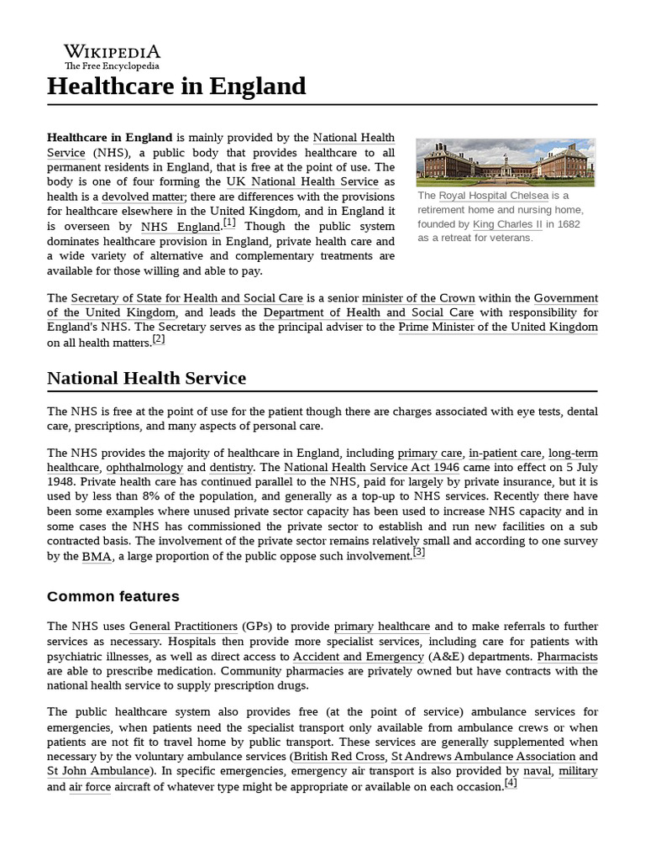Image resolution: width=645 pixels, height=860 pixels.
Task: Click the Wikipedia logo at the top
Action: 112,56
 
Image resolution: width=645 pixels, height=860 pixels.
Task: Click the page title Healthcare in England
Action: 176,86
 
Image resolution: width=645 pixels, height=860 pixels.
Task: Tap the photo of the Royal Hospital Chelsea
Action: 505,162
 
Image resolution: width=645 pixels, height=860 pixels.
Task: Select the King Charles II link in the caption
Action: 506,224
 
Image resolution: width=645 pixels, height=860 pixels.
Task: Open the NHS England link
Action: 180,227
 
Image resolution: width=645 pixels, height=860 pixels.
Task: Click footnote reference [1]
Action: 229,223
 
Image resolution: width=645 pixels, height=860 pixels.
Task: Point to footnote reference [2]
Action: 159,339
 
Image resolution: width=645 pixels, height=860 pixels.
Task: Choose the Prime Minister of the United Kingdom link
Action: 498,327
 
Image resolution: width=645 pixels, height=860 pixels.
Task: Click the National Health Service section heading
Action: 147,378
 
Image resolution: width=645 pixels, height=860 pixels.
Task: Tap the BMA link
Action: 92,557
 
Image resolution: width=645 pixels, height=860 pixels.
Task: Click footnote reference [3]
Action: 418,553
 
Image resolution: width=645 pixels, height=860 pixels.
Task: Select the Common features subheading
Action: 113,596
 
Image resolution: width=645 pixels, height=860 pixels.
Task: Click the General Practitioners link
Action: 183,627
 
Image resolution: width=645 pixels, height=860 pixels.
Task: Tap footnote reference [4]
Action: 511,783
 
